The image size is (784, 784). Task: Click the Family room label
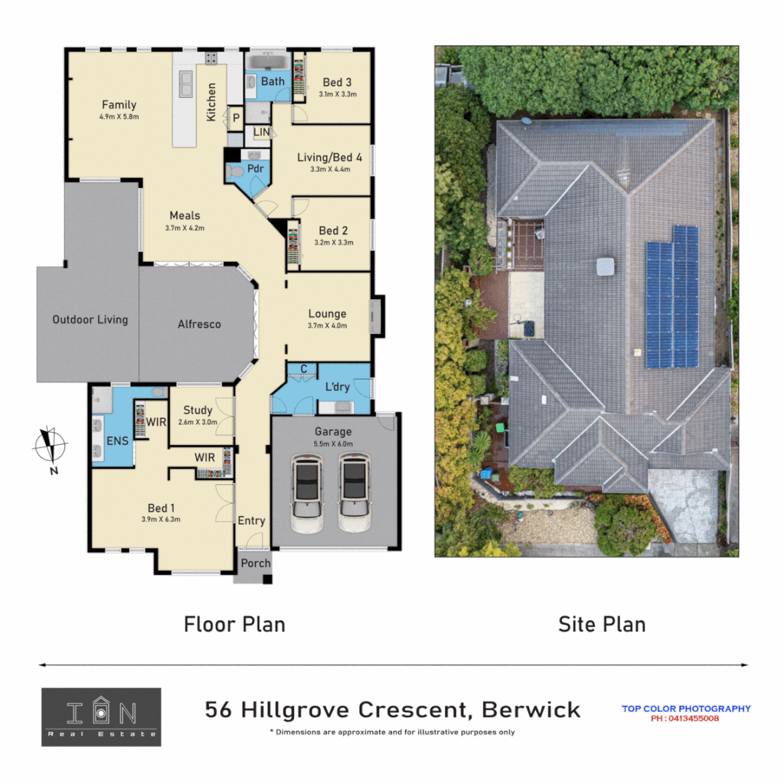(x=119, y=105)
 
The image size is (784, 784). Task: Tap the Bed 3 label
(x=337, y=82)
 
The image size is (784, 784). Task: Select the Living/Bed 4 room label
(x=329, y=157)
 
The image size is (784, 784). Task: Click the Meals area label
(x=184, y=216)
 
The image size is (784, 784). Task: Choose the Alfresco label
(x=199, y=324)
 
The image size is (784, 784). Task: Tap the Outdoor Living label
(x=90, y=319)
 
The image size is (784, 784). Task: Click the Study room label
(x=197, y=410)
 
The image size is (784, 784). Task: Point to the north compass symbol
(x=50, y=444)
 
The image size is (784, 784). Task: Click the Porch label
(x=255, y=563)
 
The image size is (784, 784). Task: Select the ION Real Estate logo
(x=101, y=716)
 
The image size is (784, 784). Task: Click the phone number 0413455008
(x=686, y=719)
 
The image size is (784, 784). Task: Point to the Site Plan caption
(x=601, y=624)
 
